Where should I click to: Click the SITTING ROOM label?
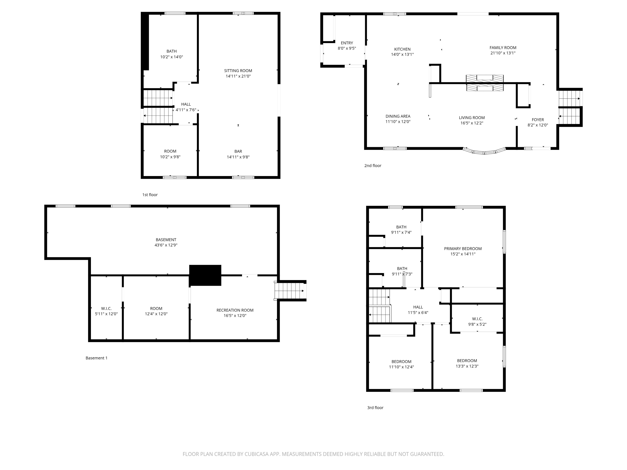238,71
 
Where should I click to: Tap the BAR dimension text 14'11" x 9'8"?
238,157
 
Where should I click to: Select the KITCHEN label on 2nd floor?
402,49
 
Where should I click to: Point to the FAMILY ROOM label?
503,48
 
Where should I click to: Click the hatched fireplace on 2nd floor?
485,83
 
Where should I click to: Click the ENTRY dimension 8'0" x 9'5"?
347,48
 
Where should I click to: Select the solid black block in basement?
205,275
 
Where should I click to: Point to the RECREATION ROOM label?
235,310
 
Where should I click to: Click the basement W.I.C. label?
106,309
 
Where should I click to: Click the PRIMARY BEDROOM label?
463,248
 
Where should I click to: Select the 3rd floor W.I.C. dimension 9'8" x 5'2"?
477,324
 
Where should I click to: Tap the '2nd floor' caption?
372,166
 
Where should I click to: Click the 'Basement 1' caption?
96,358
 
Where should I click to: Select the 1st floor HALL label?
186,104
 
